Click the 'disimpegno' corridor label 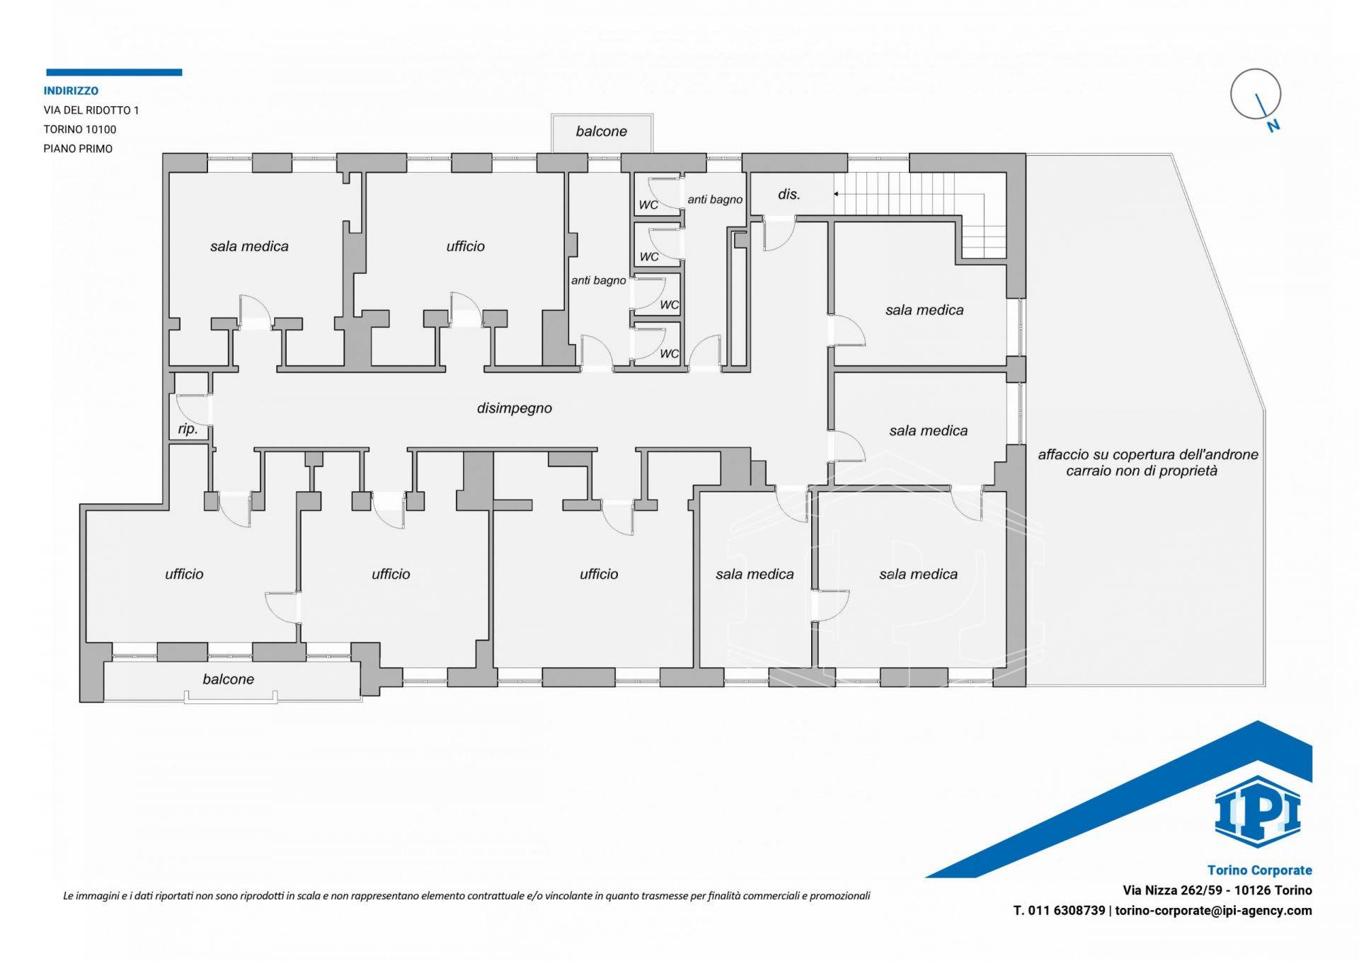tap(514, 408)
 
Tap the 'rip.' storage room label tap(188, 429)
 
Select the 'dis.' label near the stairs tap(789, 194)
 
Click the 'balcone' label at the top tap(601, 131)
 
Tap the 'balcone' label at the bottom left tap(228, 679)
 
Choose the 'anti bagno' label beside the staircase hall tap(715, 200)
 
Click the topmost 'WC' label tap(648, 205)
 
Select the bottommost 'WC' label tap(669, 354)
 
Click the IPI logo tap(1258, 812)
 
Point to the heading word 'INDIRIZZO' tap(71, 91)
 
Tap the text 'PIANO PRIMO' tap(78, 149)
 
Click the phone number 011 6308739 tap(1067, 911)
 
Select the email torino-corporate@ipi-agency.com tap(1213, 911)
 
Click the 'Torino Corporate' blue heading tap(1259, 870)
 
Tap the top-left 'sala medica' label tap(249, 246)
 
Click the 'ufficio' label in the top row tap(465, 246)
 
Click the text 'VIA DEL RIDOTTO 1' tap(91, 110)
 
